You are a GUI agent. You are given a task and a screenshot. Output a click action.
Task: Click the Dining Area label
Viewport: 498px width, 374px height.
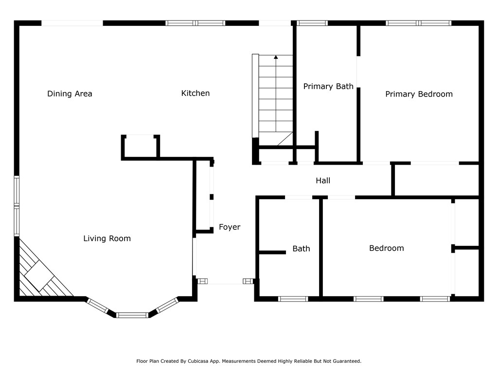[70, 93]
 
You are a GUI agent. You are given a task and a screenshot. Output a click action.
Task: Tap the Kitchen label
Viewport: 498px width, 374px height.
[196, 93]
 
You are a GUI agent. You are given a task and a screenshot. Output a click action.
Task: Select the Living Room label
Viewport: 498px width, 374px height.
[107, 239]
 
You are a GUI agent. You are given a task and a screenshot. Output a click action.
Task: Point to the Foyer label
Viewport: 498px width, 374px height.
[230, 227]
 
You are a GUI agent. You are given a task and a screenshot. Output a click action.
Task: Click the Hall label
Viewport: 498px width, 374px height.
[323, 181]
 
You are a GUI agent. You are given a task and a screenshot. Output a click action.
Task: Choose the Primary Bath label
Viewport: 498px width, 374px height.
[328, 87]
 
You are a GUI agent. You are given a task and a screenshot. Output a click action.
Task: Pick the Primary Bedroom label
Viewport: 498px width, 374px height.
[419, 94]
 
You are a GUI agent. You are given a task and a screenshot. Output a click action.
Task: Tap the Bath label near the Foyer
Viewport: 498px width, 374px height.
[301, 249]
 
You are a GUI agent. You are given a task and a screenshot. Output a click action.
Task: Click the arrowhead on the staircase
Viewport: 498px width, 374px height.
[276, 57]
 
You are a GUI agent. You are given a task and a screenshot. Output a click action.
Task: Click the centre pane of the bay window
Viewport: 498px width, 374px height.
[132, 315]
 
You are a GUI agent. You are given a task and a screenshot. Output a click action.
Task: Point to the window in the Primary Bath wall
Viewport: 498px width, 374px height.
[312, 23]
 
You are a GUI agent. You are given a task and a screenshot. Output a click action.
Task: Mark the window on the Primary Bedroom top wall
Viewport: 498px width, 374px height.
[418, 23]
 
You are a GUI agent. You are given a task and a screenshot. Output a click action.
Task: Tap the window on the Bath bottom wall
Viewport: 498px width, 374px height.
[293, 299]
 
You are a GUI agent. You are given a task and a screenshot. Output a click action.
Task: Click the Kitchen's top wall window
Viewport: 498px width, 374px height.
[196, 23]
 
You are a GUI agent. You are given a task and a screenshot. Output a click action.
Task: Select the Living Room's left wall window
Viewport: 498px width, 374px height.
[17, 206]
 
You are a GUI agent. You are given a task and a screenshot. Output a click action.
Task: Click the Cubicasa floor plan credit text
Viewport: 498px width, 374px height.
[249, 361]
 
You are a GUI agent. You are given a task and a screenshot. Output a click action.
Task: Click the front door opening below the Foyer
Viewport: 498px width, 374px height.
[225, 281]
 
